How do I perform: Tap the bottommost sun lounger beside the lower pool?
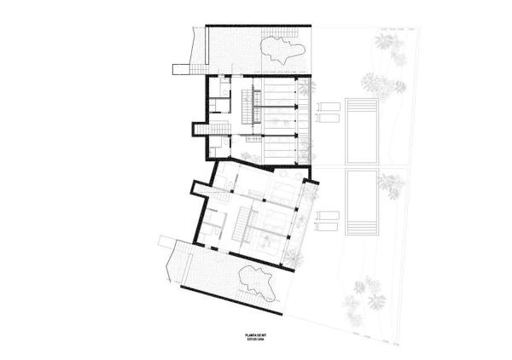coord(327,228)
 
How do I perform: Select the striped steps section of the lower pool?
coord(359,228)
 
